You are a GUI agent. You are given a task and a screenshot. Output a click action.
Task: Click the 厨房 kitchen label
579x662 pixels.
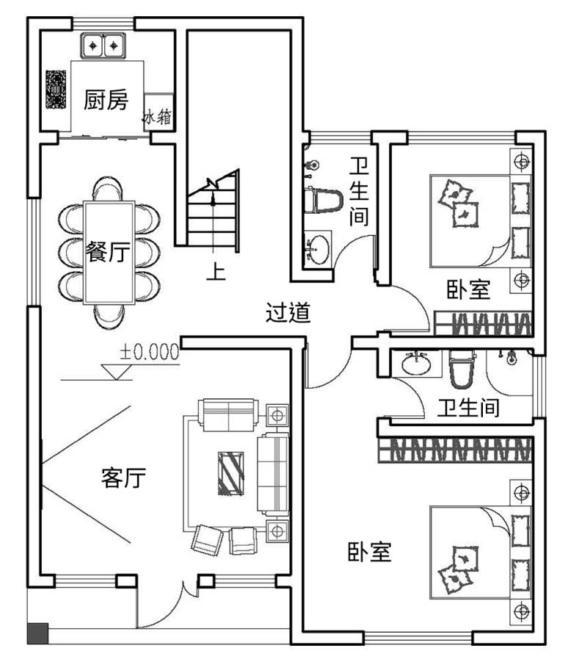point(106,100)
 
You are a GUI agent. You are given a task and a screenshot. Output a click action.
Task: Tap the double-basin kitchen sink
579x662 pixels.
point(103,46)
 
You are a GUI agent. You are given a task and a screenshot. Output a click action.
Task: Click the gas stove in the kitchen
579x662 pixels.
point(56,90)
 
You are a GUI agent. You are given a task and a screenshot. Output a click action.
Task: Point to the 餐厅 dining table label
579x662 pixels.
point(108,251)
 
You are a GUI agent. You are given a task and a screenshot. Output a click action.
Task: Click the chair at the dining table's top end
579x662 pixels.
point(108,189)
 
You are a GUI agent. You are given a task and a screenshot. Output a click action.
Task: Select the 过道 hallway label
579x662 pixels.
point(288,312)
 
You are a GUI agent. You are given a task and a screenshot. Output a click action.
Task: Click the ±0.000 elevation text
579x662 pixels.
point(149,352)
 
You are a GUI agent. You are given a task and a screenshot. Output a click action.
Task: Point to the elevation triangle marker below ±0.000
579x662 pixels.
point(117,372)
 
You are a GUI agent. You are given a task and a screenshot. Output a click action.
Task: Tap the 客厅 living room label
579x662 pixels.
point(123,478)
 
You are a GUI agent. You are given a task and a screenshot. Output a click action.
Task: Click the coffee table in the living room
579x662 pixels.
point(230,473)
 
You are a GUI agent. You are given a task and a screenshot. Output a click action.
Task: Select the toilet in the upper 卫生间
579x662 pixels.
point(323,201)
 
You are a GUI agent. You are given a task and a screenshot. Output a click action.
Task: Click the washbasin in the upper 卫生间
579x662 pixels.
point(317,248)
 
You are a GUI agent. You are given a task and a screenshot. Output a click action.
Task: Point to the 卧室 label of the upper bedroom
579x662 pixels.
point(468,289)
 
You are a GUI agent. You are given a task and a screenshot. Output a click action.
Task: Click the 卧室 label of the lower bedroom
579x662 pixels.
point(369,551)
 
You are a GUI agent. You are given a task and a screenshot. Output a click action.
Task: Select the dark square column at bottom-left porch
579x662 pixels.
point(37,634)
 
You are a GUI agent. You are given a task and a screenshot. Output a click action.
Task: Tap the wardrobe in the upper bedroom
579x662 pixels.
point(483,324)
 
